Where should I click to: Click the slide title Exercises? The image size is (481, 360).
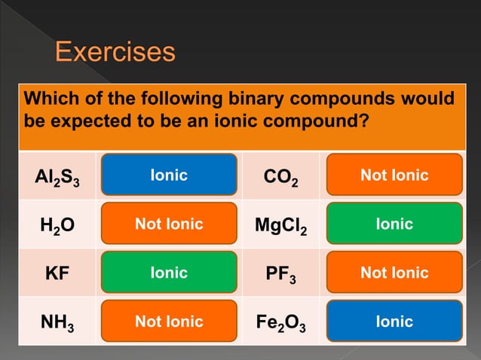[x=115, y=53]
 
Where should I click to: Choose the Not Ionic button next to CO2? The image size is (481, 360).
[x=394, y=175]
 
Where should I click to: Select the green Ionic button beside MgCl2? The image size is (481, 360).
[x=394, y=224]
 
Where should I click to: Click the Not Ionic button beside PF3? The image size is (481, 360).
[x=394, y=273]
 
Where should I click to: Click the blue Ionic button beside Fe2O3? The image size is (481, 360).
[x=394, y=322]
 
